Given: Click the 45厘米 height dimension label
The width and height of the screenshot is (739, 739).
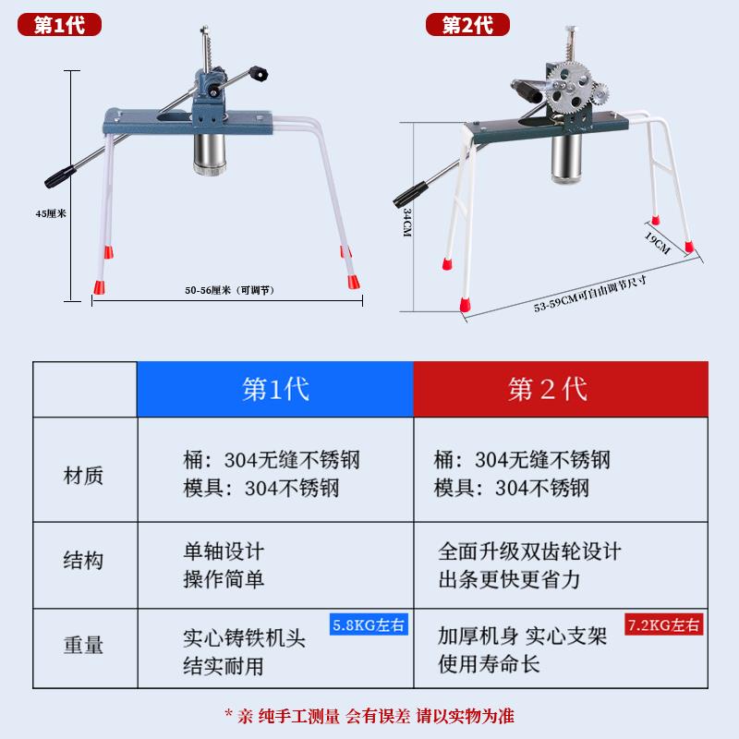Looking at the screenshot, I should coord(50,212).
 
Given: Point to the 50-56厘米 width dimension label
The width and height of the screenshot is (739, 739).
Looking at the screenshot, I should coord(230,289).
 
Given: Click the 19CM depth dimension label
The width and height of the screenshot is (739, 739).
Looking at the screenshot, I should coord(657,242).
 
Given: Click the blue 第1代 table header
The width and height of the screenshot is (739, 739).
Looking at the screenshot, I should coord(274,388).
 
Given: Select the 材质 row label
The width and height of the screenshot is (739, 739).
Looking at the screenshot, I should coord(83,476).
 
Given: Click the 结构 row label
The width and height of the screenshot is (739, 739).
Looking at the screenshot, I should coord(83,560).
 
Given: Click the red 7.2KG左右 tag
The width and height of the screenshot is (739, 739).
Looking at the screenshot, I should coord(664,624).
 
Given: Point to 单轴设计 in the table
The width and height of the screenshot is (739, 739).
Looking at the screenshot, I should coord(224,551).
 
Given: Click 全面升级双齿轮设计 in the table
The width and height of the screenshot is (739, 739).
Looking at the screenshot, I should coord(529,551).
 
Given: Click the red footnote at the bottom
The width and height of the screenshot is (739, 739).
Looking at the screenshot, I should coord(369,714).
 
